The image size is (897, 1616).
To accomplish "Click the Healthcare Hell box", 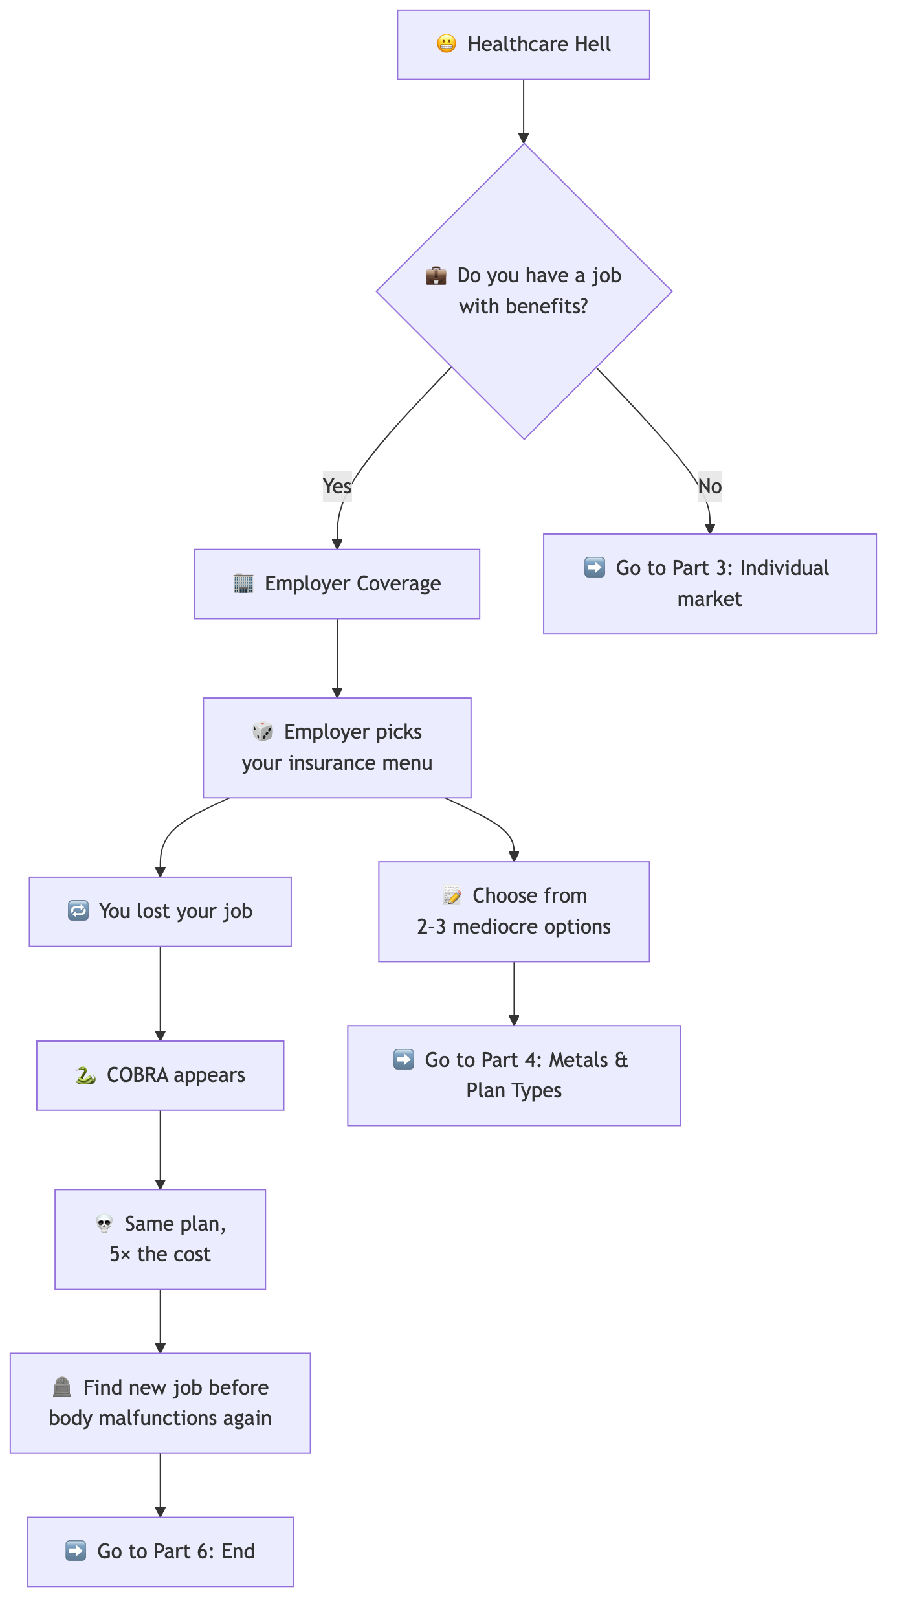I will [x=523, y=45].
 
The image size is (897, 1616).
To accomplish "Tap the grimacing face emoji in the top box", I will [x=447, y=44].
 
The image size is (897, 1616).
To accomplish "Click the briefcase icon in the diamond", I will [x=436, y=276].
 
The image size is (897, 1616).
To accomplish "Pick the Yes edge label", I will [x=337, y=486].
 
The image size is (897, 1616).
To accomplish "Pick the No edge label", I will [x=710, y=486].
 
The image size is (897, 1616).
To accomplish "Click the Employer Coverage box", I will [x=337, y=584].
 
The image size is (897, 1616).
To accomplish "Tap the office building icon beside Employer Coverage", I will [x=243, y=583].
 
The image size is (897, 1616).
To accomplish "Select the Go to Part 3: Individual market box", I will [x=709, y=583].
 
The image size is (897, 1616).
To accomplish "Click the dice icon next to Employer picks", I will [x=263, y=732].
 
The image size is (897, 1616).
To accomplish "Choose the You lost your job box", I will [x=160, y=912].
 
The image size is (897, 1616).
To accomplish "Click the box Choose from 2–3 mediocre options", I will [x=514, y=911].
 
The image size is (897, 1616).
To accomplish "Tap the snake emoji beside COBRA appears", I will [x=85, y=1075].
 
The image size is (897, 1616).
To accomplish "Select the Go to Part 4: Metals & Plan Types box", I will [x=514, y=1075].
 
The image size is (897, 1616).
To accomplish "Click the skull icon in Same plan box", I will [x=104, y=1224].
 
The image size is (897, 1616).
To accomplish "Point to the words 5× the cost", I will [x=160, y=1255].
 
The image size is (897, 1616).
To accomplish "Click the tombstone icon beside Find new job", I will [x=62, y=1387].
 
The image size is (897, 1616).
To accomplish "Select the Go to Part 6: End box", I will [x=160, y=1551].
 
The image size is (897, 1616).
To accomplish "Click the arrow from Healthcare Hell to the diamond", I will [x=524, y=110].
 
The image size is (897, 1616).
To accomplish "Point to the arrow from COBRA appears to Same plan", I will [x=161, y=1149].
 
